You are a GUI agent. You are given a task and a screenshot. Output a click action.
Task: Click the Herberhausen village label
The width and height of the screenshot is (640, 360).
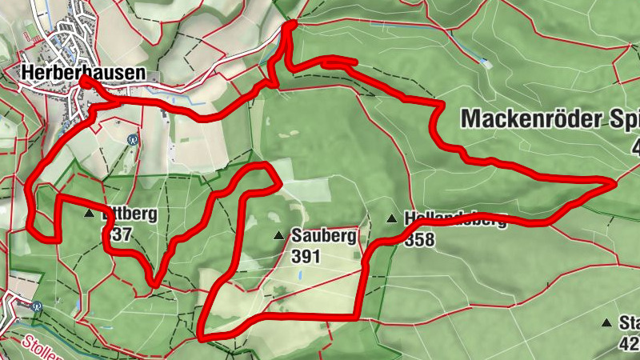point(83,72)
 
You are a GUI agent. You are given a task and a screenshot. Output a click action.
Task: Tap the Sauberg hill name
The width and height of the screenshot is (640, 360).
point(323,236)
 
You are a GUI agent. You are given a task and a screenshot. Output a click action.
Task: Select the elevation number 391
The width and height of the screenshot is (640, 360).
point(306,256)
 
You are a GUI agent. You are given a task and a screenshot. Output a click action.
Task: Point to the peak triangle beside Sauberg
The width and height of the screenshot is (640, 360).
point(278,235)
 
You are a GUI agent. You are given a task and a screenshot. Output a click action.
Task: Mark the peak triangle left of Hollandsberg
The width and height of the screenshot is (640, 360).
point(392,218)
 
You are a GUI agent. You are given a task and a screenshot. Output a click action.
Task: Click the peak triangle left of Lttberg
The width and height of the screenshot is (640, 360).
point(89,214)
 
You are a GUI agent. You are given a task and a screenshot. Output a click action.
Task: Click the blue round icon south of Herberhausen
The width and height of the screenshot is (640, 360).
point(133,138)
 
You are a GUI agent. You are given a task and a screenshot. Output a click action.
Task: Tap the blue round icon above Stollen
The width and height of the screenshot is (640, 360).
point(37,305)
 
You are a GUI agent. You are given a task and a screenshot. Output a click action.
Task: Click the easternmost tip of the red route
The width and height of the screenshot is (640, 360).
point(614,184)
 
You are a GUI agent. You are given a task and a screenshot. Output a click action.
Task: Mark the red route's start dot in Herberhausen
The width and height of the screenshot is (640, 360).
point(84,81)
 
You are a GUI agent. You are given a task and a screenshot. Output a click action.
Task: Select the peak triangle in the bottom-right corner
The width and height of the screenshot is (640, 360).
point(606,322)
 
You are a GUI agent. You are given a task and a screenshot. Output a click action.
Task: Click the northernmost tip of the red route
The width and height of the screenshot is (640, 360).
point(291,23)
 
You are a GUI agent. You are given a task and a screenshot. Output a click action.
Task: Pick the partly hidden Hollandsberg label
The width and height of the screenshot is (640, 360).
point(455,218)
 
